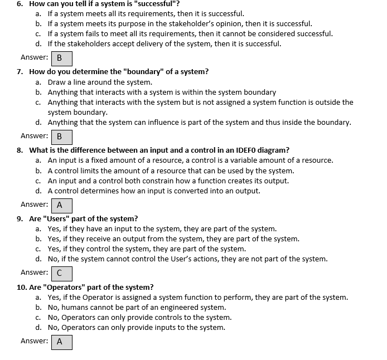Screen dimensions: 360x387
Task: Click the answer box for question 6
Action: [61, 58]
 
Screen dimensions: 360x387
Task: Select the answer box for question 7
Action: [61, 137]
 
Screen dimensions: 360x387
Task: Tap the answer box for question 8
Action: [61, 205]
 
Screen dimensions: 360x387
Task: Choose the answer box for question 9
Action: [61, 273]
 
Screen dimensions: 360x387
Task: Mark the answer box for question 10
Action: [61, 342]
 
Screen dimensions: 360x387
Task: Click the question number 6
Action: [20, 3]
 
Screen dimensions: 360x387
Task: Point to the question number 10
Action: [21, 287]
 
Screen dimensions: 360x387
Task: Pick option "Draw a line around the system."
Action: [100, 82]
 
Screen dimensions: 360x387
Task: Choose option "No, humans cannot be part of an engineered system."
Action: [137, 307]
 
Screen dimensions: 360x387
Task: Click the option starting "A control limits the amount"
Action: [171, 171]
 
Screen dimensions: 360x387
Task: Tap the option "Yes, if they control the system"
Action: [147, 249]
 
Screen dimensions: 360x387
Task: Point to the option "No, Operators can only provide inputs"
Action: [137, 327]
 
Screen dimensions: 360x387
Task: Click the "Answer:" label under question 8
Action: [34, 204]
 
